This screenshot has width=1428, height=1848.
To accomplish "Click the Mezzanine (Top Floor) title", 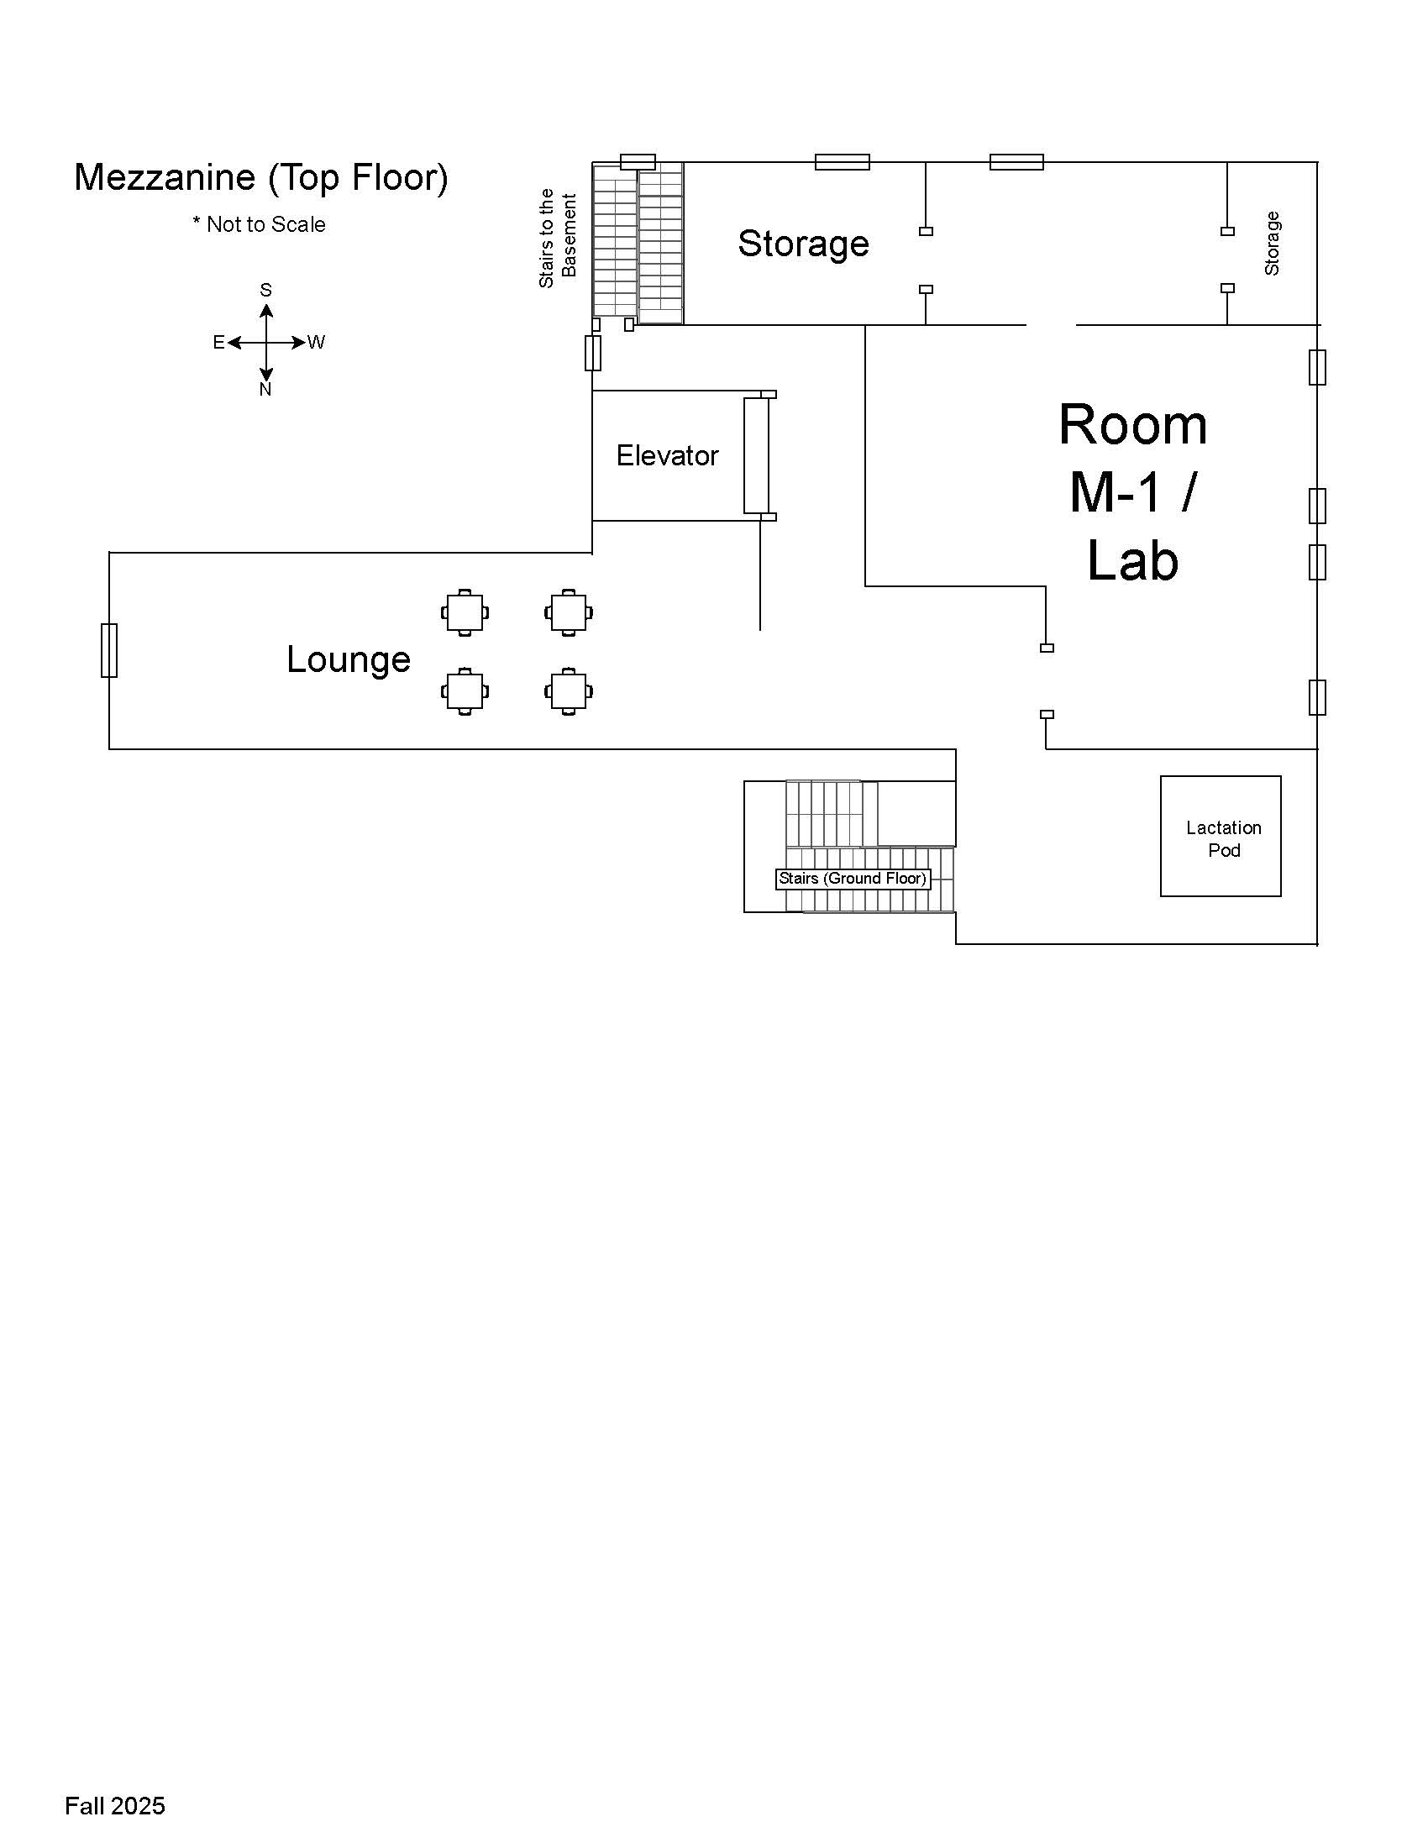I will (260, 178).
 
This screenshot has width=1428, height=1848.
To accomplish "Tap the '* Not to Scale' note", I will (259, 224).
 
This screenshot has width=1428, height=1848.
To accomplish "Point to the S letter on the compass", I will (265, 291).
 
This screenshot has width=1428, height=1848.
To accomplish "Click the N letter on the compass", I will (265, 389).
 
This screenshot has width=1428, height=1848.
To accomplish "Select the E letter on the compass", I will (218, 343).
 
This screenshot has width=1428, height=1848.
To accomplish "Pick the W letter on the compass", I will (316, 343).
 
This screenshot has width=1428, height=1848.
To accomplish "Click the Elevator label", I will (667, 456).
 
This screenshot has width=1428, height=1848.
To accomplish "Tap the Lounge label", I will (349, 659).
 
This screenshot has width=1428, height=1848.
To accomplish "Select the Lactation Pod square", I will (1220, 836).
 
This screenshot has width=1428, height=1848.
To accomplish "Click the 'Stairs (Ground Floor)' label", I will (852, 879).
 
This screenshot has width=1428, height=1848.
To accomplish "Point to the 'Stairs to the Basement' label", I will (558, 239).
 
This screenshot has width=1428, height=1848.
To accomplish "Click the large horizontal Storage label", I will (803, 244).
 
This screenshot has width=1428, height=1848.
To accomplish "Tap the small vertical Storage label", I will (1272, 244).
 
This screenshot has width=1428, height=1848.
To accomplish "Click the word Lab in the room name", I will (1132, 560).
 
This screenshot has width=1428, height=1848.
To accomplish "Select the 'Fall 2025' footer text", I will (115, 1806).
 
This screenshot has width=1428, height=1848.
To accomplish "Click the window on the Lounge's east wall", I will (109, 650).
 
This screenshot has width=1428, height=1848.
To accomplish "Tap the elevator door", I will (756, 455).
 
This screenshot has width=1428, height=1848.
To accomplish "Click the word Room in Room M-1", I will (1132, 425).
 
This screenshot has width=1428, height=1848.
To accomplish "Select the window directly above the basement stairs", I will (638, 161).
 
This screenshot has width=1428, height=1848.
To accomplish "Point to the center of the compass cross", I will (265, 343).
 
